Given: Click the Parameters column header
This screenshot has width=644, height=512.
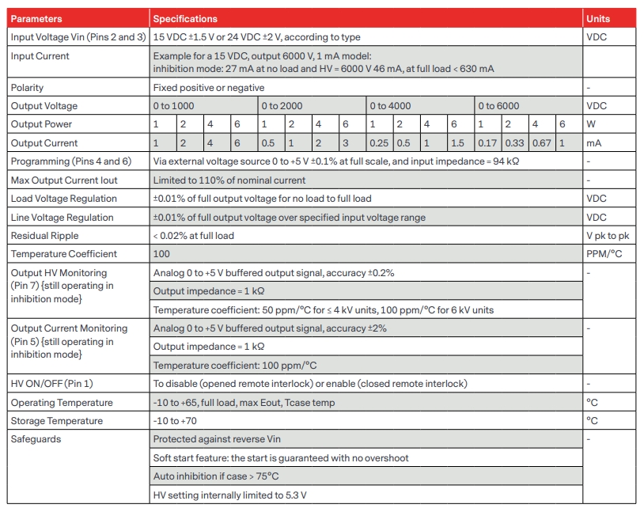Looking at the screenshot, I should point(36,18).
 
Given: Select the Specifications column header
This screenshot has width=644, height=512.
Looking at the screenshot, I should point(185,18).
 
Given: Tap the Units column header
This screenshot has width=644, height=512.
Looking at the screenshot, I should point(598,18).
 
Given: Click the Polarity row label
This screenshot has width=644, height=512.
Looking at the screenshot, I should point(28,88).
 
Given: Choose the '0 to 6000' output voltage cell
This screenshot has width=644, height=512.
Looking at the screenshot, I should point(498,106).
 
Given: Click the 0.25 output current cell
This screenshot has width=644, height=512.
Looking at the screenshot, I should point(379,143).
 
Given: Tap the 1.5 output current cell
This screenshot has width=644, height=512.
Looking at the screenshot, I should point(457,143).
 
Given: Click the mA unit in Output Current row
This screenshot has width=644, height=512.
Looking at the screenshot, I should point(593,143).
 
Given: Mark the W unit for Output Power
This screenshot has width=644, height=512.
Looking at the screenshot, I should point(591,124).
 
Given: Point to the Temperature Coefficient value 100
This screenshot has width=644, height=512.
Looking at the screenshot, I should point(161,254).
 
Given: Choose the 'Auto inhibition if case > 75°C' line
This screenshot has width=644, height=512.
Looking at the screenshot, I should point(216,476).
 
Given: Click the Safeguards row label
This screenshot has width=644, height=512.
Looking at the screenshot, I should point(36,439).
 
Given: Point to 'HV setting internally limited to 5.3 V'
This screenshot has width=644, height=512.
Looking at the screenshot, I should point(229,495).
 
